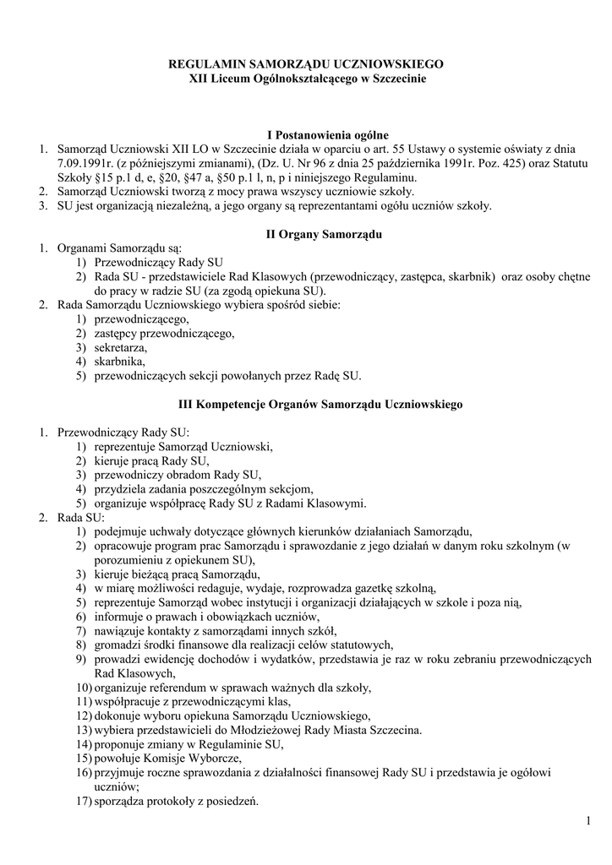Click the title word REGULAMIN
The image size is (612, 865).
[x=205, y=64]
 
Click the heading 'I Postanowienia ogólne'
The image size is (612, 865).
[x=328, y=135]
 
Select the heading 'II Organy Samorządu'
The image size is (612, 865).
[x=325, y=235]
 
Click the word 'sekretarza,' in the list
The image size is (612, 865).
[x=121, y=348]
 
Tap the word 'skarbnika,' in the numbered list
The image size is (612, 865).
[x=120, y=362]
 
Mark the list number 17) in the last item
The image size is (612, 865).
[x=83, y=802]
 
